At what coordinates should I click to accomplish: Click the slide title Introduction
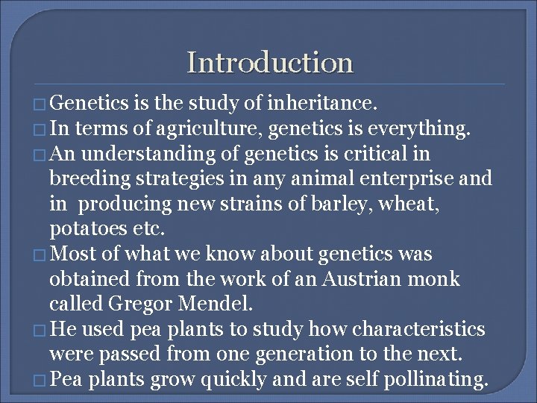[269, 62]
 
